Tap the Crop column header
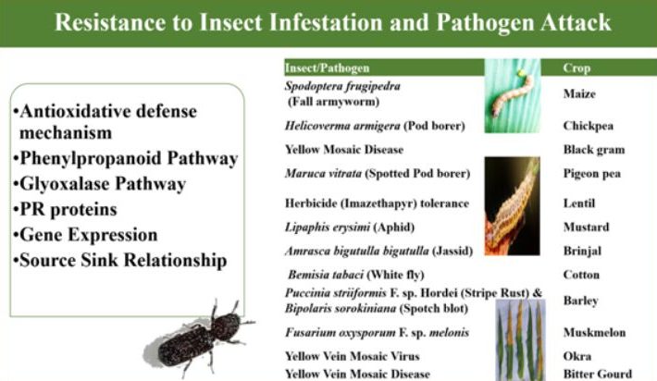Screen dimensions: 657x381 (576, 68)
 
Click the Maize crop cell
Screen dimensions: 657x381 (579, 93)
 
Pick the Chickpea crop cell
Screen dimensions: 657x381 (589, 126)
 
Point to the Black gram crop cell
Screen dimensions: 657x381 (594, 150)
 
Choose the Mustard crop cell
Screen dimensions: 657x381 (586, 227)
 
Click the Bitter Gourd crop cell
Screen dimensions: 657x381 (598, 374)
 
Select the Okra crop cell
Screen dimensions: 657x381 (577, 356)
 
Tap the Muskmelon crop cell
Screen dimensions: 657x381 (595, 332)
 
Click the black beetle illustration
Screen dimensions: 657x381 (199, 339)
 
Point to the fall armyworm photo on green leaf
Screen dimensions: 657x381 (513, 96)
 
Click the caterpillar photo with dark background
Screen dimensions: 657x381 (512, 206)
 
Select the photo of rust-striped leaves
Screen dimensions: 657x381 (520, 340)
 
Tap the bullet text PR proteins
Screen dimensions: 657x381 (65, 209)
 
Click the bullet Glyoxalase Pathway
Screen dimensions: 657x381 (99, 184)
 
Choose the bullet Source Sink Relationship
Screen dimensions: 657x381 (120, 260)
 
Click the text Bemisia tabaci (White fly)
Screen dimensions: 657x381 (356, 275)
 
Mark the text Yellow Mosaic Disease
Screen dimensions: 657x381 (344, 150)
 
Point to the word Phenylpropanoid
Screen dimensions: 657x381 (90, 159)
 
